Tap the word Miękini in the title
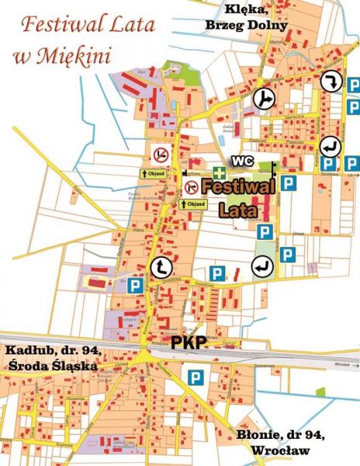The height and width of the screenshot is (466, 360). point(78,56)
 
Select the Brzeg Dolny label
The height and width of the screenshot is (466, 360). point(247,25)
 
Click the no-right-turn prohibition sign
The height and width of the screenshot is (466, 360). point(192,186)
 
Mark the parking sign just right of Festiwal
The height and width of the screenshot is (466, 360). point(289,183)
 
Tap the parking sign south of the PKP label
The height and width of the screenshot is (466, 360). point(194,378)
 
